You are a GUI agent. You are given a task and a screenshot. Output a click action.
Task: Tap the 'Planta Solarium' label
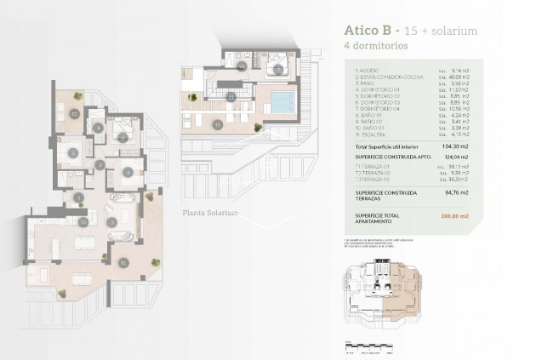[210, 213]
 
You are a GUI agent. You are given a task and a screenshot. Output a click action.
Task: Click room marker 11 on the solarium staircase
[231, 98]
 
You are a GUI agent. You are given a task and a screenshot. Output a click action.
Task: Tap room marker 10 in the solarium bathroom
[242, 65]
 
